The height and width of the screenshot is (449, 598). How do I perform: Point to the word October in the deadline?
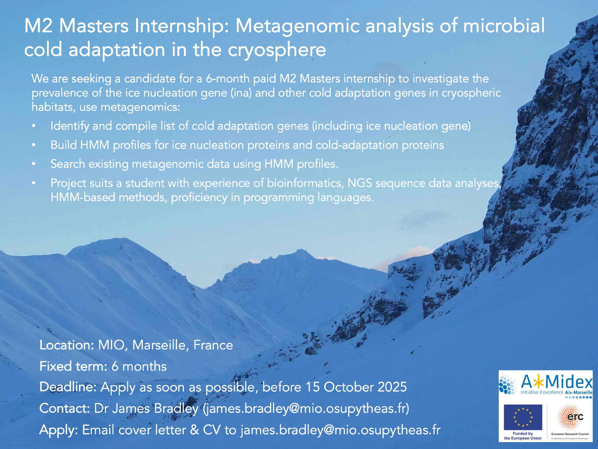coord(348,387)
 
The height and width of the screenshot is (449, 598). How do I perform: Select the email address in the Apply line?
coord(341,430)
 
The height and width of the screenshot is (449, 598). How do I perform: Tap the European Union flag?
coord(523,417)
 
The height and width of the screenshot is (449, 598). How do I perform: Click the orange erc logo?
coord(570,416)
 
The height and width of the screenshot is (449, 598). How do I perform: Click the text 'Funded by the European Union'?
coord(523,436)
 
